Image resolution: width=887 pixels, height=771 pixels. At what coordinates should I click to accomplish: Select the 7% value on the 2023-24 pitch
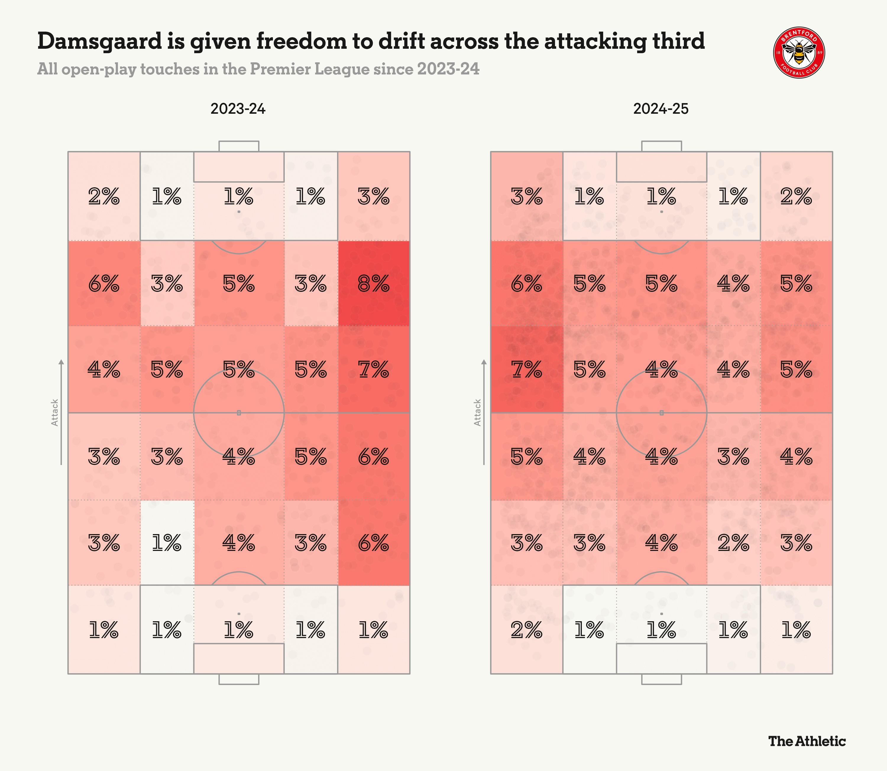[x=373, y=370]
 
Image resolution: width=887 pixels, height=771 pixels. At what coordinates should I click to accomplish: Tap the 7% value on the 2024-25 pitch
[x=526, y=370]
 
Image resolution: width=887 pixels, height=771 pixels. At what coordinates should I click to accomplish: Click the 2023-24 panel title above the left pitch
[x=238, y=109]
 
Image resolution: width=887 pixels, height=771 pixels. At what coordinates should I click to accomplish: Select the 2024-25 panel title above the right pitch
[x=661, y=109]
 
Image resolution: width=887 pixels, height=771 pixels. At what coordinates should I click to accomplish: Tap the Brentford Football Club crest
[x=799, y=53]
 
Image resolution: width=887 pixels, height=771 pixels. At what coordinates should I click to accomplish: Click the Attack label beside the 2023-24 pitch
[x=55, y=413]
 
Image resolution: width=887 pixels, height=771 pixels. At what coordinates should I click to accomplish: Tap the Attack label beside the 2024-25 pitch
[x=478, y=413]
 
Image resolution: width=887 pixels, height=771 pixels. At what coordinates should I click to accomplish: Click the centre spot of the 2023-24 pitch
[x=239, y=413]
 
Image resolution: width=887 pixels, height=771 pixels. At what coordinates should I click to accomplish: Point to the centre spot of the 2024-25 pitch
[x=662, y=413]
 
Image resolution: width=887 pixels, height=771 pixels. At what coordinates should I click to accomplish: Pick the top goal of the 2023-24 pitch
[x=239, y=146]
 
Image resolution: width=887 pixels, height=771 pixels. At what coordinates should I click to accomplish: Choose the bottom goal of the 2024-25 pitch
[x=662, y=679]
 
